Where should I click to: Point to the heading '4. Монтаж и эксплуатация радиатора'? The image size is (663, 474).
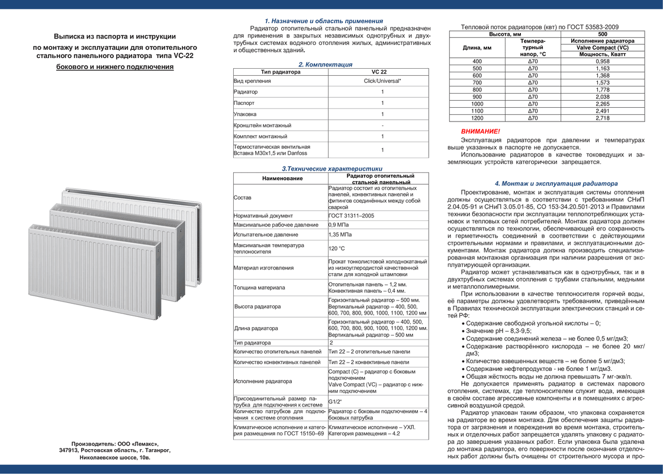click(556, 184)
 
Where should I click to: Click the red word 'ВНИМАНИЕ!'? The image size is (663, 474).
click(481, 131)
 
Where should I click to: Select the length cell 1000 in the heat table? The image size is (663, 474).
click(477, 104)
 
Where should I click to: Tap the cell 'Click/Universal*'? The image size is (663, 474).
click(382, 81)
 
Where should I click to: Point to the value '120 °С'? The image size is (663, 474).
click(337, 248)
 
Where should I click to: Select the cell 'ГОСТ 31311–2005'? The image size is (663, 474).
click(351, 216)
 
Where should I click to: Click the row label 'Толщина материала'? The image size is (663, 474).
click(259, 287)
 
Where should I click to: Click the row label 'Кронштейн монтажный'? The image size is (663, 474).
click(262, 126)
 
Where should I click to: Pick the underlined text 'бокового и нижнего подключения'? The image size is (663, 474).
click(115, 67)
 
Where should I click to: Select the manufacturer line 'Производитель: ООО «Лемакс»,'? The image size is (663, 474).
click(115, 443)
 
